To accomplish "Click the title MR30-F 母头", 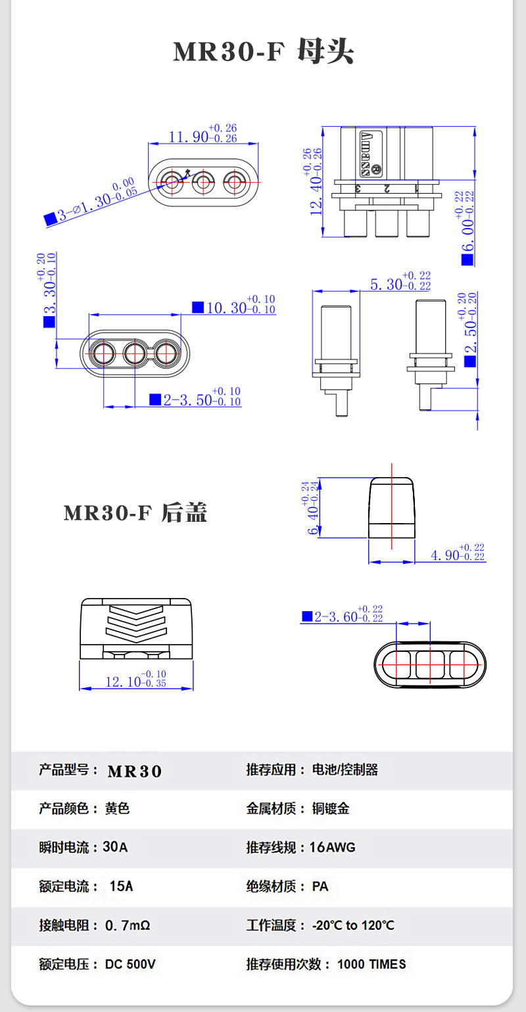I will click(x=263, y=51).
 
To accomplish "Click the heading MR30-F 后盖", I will click(x=135, y=513).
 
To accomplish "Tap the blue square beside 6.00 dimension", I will click(x=467, y=259).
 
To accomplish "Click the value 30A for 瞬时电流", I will click(x=115, y=848).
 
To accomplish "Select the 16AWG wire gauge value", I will click(x=332, y=848).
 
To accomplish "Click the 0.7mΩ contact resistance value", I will click(x=128, y=925).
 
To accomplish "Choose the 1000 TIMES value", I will click(x=371, y=964).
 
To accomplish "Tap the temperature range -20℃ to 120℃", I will click(x=353, y=925).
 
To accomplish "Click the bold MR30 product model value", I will click(x=135, y=771).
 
